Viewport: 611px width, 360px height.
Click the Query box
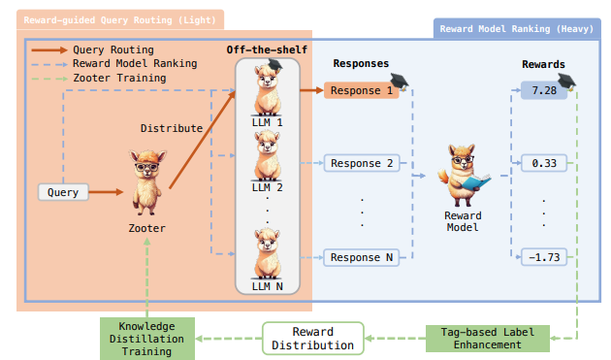[64, 192]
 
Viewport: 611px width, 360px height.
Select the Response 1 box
[361, 91]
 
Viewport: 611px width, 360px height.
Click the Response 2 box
[361, 163]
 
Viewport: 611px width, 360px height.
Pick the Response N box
[361, 257]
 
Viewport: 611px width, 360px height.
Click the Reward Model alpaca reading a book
[463, 176]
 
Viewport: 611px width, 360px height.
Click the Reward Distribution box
[311, 339]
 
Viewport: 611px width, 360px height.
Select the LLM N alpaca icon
[268, 254]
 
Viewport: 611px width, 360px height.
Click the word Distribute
[172, 127]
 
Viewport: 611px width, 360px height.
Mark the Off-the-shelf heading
[268, 50]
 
